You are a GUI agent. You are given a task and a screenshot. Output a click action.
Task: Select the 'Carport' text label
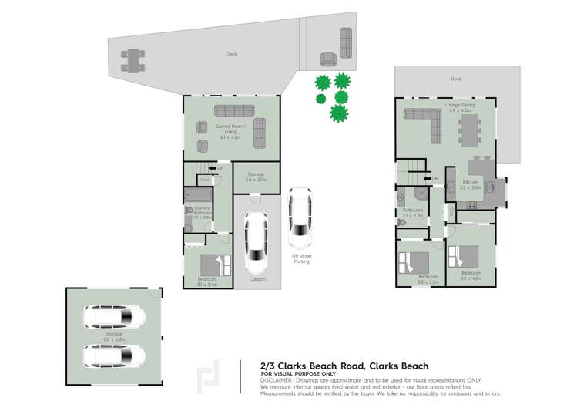point(257,279)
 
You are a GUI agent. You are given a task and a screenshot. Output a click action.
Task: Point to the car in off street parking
point(300,218)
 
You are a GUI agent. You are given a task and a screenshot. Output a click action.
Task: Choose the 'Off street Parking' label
point(300,258)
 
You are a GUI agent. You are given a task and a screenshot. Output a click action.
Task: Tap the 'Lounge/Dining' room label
point(459,105)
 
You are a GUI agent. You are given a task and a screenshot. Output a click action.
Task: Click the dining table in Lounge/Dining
point(468,130)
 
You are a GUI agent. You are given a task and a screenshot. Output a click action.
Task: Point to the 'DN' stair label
point(435,178)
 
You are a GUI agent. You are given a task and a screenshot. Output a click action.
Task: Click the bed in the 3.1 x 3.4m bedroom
point(215,265)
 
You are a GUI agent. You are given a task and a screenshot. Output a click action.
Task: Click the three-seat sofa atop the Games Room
point(233,110)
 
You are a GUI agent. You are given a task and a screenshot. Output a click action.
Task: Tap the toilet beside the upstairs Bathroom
point(401,221)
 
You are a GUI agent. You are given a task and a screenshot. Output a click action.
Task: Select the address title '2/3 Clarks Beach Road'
point(303,366)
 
